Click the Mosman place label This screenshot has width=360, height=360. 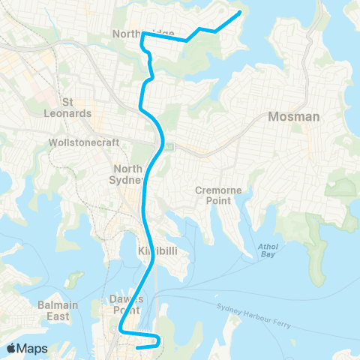click(294, 117)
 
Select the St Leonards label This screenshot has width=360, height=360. click(78, 108)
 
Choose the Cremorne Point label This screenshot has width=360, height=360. click(216, 196)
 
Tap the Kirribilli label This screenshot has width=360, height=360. click(157, 251)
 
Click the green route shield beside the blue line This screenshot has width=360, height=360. click(170, 147)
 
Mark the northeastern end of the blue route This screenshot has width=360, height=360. click(239, 12)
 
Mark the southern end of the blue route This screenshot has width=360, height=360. click(137, 347)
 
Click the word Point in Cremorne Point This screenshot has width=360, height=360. click(216, 202)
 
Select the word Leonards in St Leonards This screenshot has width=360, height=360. click(78, 113)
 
